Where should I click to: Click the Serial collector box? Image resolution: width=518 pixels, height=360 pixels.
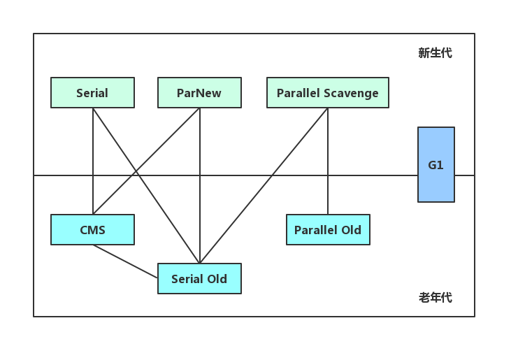[92, 93]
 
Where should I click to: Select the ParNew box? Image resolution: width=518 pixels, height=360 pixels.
[199, 93]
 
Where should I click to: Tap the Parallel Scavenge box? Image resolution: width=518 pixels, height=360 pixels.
[327, 93]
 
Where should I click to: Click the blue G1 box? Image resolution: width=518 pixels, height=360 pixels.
[436, 165]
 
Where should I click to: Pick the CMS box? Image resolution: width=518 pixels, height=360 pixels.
[92, 230]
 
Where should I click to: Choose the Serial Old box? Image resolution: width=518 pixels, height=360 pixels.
[199, 279]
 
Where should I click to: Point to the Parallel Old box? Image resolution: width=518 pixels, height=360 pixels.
[328, 230]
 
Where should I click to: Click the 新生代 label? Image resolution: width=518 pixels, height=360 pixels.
[435, 53]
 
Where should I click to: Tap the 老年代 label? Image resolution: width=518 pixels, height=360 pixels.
[435, 298]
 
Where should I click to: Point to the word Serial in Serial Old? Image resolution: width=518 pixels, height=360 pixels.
[187, 279]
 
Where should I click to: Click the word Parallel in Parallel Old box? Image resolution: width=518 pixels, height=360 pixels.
[316, 230]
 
